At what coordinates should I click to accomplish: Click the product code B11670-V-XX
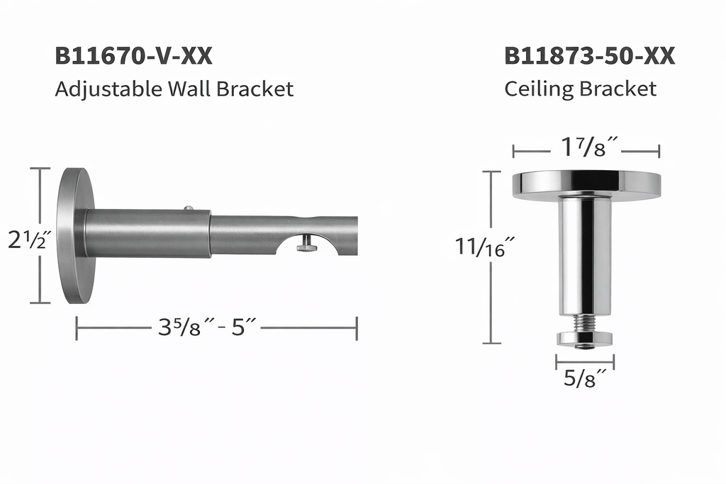click(133, 56)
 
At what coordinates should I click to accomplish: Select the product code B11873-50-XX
click(589, 56)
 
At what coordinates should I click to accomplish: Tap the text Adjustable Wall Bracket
click(174, 89)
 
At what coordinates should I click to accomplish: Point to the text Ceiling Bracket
click(580, 89)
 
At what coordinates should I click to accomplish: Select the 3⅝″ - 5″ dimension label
click(206, 327)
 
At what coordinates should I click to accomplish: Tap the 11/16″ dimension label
click(485, 247)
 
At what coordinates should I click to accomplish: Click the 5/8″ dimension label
click(585, 378)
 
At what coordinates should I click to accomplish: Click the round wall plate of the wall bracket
click(75, 235)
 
